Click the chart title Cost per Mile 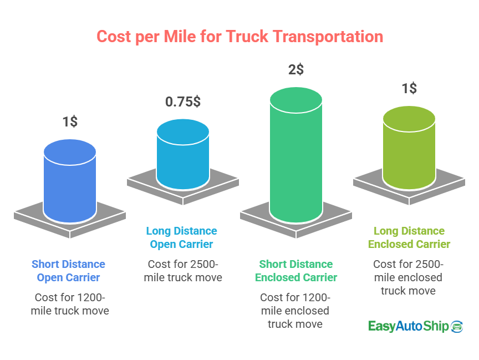[239, 37]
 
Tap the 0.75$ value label [183, 102]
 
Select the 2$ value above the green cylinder [295, 69]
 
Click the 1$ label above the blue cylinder [70, 121]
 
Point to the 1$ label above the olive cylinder [409, 88]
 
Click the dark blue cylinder [70, 183]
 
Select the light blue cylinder [183, 155]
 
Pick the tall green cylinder [296, 155]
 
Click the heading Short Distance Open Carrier [68, 270]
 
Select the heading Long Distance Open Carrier [182, 237]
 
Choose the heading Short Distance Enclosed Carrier [296, 270]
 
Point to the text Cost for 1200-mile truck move [70, 303]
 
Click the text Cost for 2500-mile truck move [183, 270]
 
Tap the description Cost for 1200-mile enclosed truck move [295, 310]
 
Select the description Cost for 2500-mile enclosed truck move [408, 277]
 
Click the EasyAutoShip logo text [408, 326]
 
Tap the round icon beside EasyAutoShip [457, 326]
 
